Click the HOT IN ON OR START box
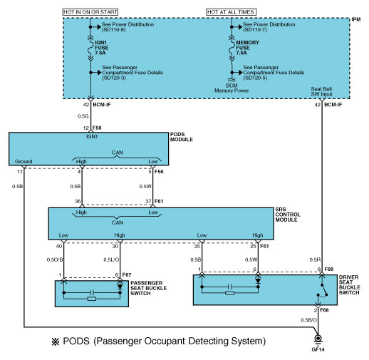coord(90,12)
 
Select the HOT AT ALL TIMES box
coord(231,12)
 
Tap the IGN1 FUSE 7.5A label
coord(101,48)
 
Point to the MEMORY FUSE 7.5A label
coord(247,48)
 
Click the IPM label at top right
coord(355,19)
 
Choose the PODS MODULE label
coord(182,137)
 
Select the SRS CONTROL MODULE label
coord(288,215)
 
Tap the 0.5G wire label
coord(83,116)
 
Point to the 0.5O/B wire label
coord(55,259)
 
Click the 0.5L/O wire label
coord(111,259)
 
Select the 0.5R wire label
coord(315,259)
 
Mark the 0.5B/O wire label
coord(308,320)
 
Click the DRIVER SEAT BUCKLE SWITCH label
coord(349,285)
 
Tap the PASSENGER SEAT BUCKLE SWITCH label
coord(148,288)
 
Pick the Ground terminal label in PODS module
coord(24,161)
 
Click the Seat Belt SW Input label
coord(321,91)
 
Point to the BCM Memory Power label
coord(232,88)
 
